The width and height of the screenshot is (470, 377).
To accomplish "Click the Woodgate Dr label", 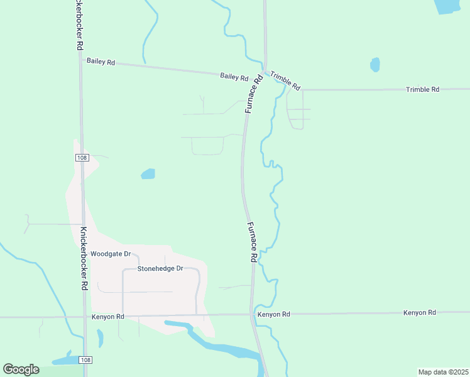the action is (110, 254).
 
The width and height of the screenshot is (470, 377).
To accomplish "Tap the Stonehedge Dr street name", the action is (160, 268).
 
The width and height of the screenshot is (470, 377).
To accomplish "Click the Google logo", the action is (21, 369).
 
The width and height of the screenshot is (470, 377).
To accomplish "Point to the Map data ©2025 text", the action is (443, 371).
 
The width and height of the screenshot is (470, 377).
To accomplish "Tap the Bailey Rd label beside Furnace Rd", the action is (234, 77).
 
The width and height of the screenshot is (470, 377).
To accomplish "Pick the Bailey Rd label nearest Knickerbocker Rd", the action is (101, 62).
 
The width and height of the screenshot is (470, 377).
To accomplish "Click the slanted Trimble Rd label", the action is (286, 80).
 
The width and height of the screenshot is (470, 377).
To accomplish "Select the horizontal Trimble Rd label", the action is (422, 89).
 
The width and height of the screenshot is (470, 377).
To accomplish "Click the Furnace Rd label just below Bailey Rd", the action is (253, 94).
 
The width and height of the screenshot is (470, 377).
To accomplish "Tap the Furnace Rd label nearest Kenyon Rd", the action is (252, 242).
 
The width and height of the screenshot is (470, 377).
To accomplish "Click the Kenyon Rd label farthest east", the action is (419, 312).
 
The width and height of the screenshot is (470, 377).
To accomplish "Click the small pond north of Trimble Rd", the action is (375, 65).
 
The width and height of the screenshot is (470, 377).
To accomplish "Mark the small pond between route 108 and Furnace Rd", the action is (148, 173).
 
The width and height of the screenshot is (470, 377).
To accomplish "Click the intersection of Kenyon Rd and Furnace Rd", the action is (252, 314).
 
